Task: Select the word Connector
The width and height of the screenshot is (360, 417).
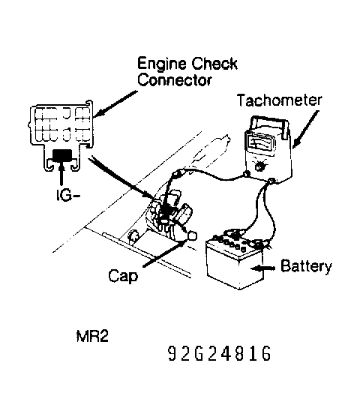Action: pyautogui.click(x=175, y=79)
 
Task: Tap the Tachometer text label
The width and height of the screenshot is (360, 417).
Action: pyautogui.click(x=279, y=100)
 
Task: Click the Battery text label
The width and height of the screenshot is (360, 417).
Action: pyautogui.click(x=306, y=266)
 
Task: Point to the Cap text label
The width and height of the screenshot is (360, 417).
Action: pyautogui.click(x=123, y=276)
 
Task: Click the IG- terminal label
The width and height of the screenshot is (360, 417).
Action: pyautogui.click(x=68, y=196)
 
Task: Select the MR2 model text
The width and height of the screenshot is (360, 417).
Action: pyautogui.click(x=92, y=336)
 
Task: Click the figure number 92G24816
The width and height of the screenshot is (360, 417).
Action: pyautogui.click(x=220, y=353)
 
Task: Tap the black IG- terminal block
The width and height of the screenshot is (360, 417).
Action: pyautogui.click(x=62, y=155)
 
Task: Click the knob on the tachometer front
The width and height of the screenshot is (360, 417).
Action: pyautogui.click(x=259, y=166)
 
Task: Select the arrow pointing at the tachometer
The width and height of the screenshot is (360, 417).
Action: pyautogui.click(x=306, y=129)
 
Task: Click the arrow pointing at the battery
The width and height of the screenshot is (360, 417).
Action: pyautogui.click(x=262, y=268)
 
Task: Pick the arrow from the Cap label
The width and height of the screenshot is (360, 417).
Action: pyautogui.click(x=163, y=253)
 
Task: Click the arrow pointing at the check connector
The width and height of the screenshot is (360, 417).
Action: pyautogui.click(x=116, y=103)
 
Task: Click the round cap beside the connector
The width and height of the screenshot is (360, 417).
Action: pyautogui.click(x=192, y=236)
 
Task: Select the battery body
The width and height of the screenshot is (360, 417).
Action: pyautogui.click(x=235, y=263)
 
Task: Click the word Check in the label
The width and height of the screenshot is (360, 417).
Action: pyautogui.click(x=214, y=64)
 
